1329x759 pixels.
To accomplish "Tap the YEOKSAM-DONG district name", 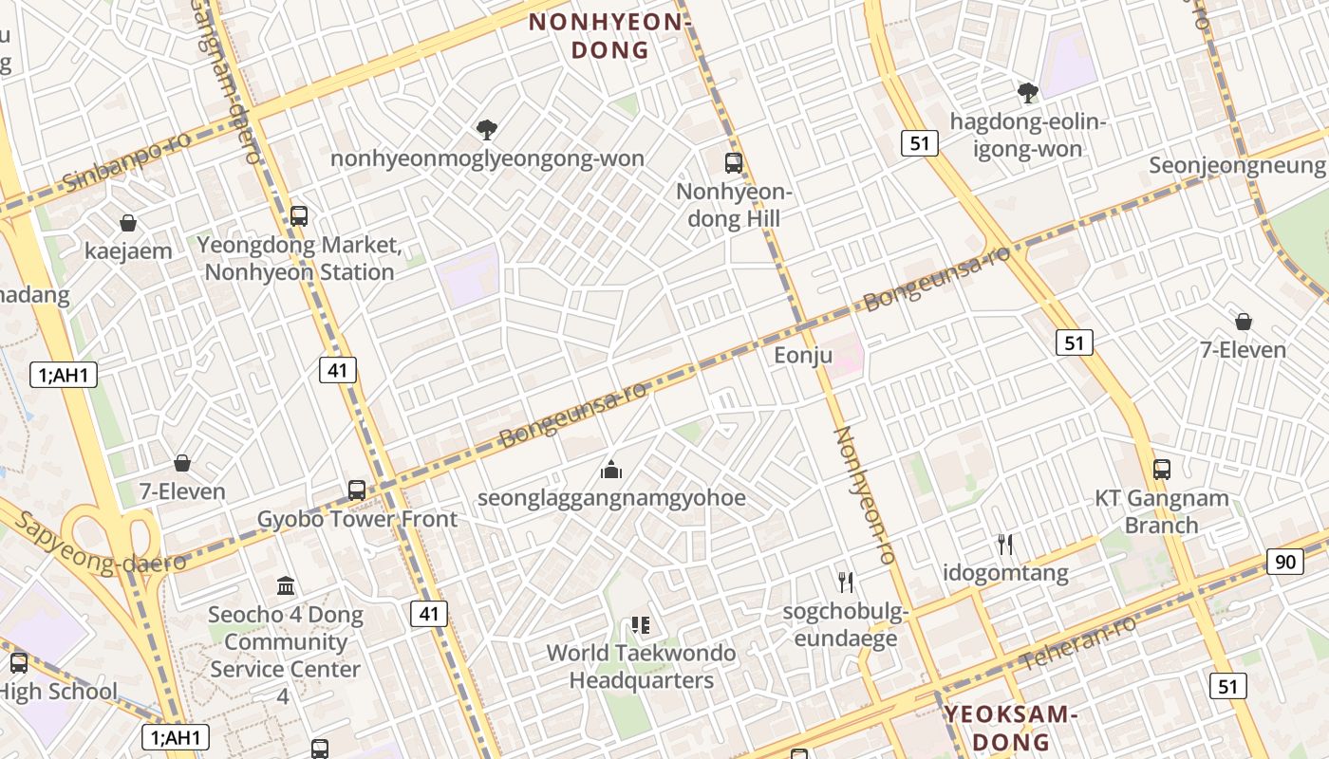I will pyautogui.click(x=1011, y=728).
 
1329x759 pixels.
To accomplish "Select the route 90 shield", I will pyautogui.click(x=1284, y=562).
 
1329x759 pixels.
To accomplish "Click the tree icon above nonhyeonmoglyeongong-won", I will pyautogui.click(x=487, y=129).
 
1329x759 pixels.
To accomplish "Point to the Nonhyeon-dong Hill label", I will pyautogui.click(x=734, y=205).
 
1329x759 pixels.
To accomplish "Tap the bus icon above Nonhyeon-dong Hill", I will pyautogui.click(x=734, y=162).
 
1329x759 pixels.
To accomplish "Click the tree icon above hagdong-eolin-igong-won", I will pyautogui.click(x=1027, y=92).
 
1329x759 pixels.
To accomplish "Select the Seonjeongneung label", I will pyautogui.click(x=1237, y=165).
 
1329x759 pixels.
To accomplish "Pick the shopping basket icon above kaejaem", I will pyautogui.click(x=128, y=223).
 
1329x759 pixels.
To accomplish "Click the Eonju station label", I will pyautogui.click(x=803, y=356).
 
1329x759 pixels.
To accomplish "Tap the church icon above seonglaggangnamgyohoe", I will pyautogui.click(x=611, y=469).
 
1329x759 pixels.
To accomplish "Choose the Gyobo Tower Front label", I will pyautogui.click(x=357, y=519).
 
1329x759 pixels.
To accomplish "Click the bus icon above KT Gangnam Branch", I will pyautogui.click(x=1162, y=469).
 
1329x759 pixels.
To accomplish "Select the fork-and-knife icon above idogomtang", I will pyautogui.click(x=1005, y=544).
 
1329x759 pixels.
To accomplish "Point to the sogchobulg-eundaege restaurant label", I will pyautogui.click(x=845, y=624).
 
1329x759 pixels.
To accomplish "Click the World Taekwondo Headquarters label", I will pyautogui.click(x=641, y=666).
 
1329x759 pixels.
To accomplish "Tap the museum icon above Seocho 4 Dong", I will pyautogui.click(x=286, y=585).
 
